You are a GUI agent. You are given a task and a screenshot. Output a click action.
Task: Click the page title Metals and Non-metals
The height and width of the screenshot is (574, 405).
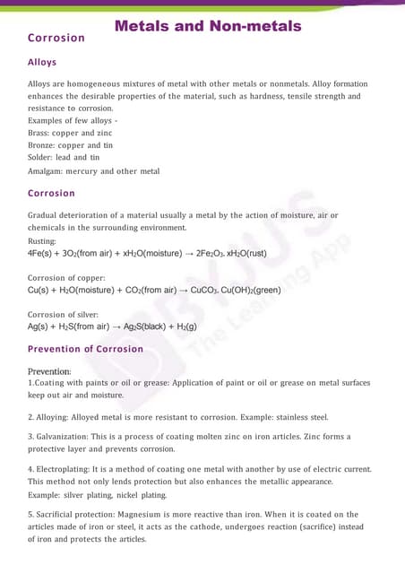pos(208,26)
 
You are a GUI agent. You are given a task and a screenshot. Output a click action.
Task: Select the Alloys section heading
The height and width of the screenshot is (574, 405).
pos(42,62)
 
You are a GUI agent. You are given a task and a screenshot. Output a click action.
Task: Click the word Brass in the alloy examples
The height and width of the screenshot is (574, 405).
pos(39,133)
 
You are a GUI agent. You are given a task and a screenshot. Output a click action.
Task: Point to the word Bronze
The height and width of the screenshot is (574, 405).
pos(42,145)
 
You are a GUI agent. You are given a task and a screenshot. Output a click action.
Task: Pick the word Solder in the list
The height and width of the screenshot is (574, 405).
pos(41,158)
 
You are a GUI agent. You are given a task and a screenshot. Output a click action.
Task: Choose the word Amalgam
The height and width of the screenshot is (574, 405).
pos(47,171)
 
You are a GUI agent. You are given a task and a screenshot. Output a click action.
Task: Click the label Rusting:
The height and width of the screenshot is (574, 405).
pos(42,240)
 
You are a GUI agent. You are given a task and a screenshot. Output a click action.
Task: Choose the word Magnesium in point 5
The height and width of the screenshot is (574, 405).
pos(130,515)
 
